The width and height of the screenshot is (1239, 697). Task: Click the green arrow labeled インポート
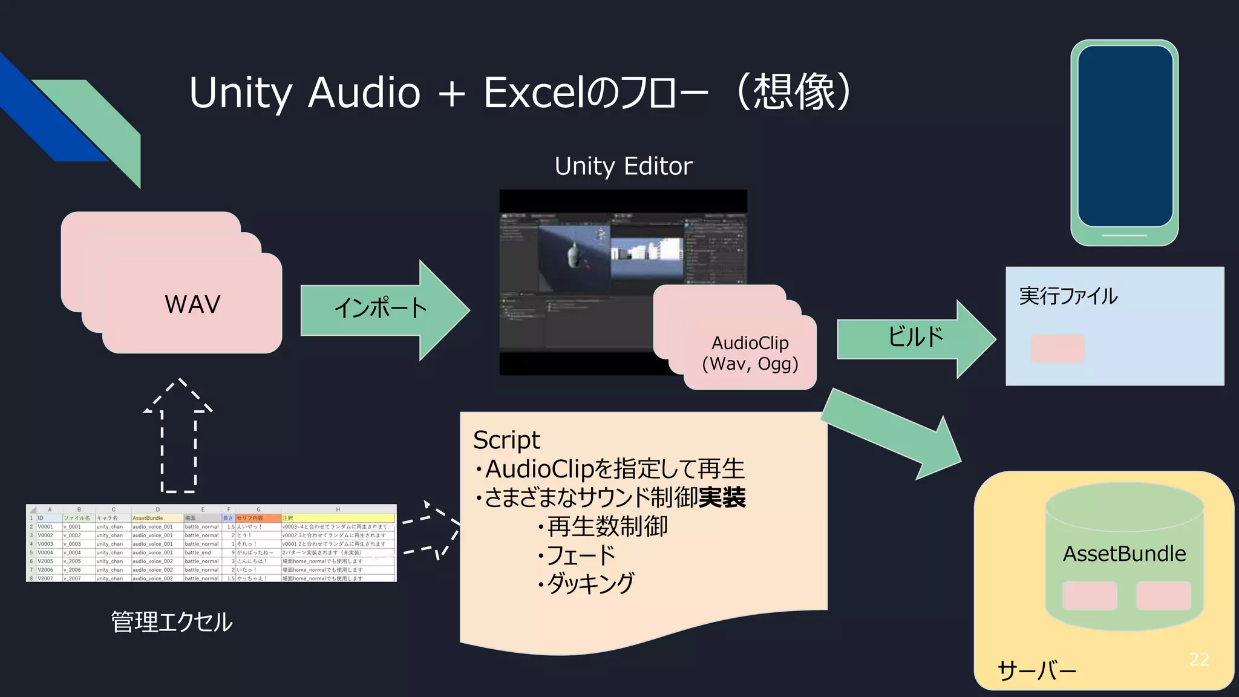[381, 309]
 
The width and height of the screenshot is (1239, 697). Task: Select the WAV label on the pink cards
[192, 304]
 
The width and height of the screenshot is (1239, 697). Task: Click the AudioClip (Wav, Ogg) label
[750, 353]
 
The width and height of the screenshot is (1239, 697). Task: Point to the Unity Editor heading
[623, 166]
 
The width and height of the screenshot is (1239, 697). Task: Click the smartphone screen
[1125, 136]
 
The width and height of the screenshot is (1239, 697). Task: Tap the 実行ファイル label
[1068, 296]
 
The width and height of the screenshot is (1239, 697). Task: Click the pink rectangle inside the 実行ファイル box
[1058, 348]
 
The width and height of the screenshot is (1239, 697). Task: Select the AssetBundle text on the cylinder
[1124, 554]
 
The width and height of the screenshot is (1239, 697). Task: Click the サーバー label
[1036, 670]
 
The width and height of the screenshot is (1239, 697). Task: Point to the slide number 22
[1198, 659]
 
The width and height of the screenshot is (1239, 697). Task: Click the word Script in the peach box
[506, 440]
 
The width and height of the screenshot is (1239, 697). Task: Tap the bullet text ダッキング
[590, 583]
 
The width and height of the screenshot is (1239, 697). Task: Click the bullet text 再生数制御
[607, 526]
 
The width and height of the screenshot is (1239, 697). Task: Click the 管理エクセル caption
[172, 622]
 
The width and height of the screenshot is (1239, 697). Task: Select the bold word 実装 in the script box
[722, 498]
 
